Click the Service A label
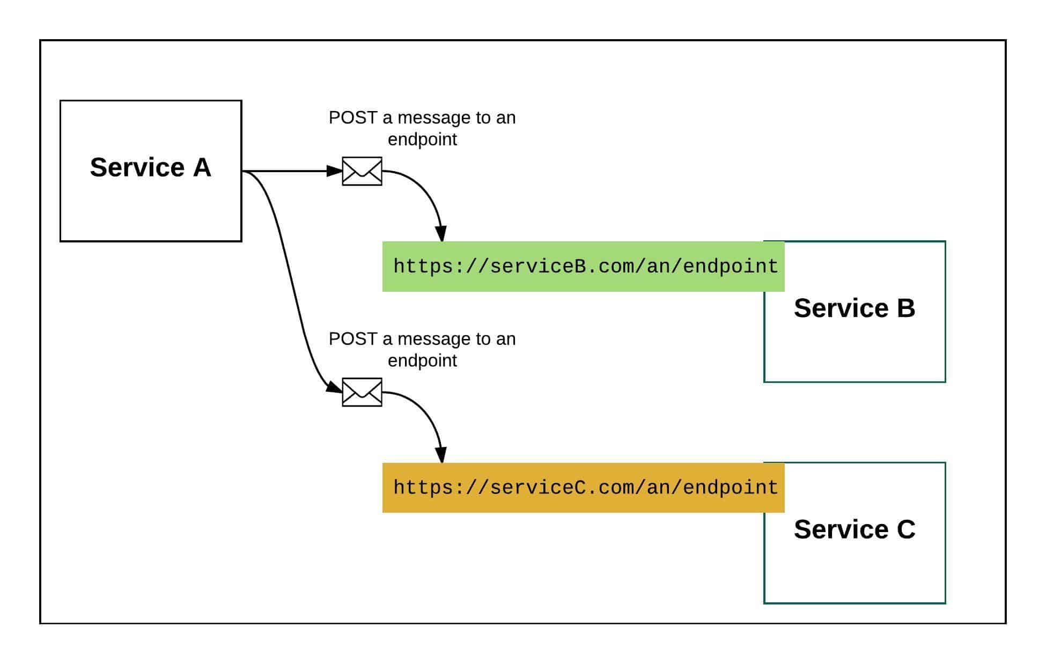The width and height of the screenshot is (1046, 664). pyautogui.click(x=150, y=167)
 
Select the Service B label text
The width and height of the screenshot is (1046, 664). pyautogui.click(x=854, y=308)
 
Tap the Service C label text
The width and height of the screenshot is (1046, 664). pyautogui.click(x=854, y=529)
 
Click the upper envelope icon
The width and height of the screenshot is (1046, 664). pyautogui.click(x=362, y=171)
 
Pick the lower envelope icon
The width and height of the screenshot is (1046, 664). pyautogui.click(x=362, y=392)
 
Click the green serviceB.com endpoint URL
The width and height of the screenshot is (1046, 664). pyautogui.click(x=585, y=267)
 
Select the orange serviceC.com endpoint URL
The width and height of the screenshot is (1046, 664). pyautogui.click(x=585, y=488)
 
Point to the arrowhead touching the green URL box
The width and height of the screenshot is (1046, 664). pyautogui.click(x=441, y=234)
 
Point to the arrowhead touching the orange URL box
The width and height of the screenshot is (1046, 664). pyautogui.click(x=441, y=455)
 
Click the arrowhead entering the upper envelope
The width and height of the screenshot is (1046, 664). pyautogui.click(x=335, y=171)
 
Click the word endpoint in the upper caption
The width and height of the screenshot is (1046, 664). pyautogui.click(x=422, y=139)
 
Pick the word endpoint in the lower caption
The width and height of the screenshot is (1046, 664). pyautogui.click(x=422, y=360)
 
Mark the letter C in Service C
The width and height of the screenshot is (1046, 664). pyautogui.click(x=905, y=529)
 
